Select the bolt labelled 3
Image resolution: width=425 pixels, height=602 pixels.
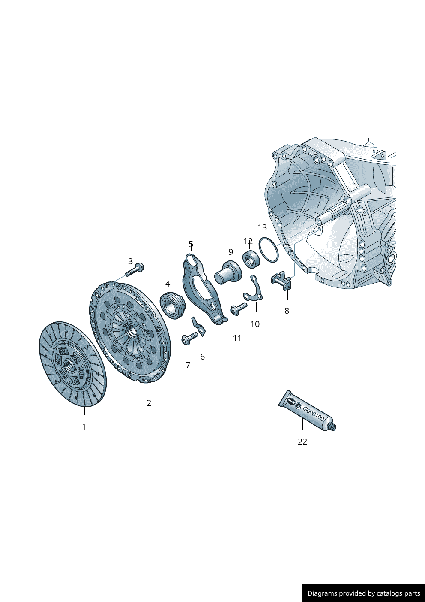pyautogui.click(x=135, y=270)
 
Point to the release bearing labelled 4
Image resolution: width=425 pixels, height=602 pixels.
pyautogui.click(x=172, y=306)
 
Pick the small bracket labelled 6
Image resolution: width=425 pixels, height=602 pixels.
pyautogui.click(x=199, y=327)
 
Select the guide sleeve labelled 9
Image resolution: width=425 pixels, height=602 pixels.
pyautogui.click(x=228, y=272)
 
